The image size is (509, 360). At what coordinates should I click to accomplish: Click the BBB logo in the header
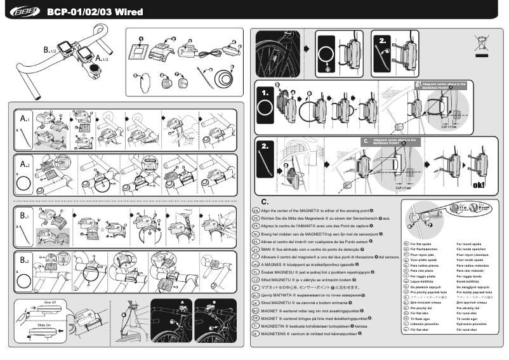pyautogui.click(x=22, y=11)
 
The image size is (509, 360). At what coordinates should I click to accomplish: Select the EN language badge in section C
pyautogui.click(x=255, y=210)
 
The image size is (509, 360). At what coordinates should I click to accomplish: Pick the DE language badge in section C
pyautogui.click(x=255, y=218)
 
